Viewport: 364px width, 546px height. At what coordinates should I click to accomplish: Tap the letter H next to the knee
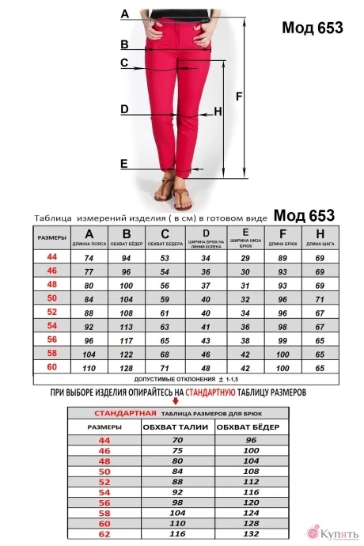pyautogui.click(x=218, y=112)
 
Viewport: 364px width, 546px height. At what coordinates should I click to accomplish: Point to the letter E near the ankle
pyautogui.click(x=123, y=164)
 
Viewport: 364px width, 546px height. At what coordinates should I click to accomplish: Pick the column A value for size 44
pyautogui.click(x=89, y=258)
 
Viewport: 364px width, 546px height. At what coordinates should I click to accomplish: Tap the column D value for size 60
pyautogui.click(x=206, y=368)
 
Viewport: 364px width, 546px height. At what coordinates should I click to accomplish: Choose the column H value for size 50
pyautogui.click(x=320, y=299)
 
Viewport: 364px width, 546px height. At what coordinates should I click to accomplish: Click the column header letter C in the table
pyautogui.click(x=165, y=233)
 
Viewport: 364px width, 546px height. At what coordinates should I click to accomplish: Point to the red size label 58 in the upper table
pyautogui.click(x=52, y=353)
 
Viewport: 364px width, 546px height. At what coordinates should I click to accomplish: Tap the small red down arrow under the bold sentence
pyautogui.click(x=175, y=402)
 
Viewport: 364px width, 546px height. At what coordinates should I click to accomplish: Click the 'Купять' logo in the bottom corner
pyautogui.click(x=332, y=532)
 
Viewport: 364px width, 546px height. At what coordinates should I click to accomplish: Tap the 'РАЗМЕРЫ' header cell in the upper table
pyautogui.click(x=51, y=237)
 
